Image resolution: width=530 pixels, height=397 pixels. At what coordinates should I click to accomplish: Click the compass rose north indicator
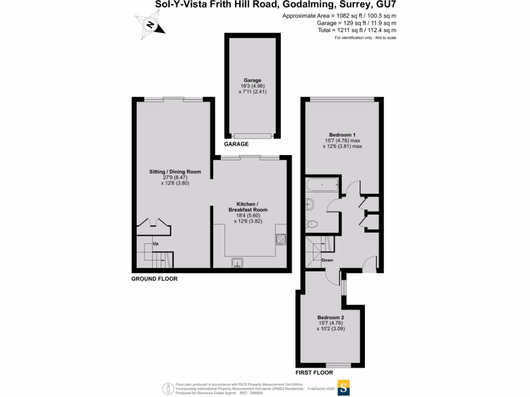tap(150, 25)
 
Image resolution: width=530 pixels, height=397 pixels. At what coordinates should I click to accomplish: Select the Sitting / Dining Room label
tap(172, 177)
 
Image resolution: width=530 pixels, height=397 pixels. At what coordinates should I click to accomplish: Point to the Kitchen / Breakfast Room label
tap(248, 212)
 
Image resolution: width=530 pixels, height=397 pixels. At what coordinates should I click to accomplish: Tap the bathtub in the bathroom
tap(322, 184)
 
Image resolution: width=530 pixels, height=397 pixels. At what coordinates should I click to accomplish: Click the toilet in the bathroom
tap(312, 224)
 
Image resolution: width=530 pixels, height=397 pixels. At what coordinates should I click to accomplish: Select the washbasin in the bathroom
tap(310, 204)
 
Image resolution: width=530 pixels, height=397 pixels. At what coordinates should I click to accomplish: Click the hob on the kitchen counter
tap(281, 239)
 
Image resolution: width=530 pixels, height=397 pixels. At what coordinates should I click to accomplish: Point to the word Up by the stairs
tap(155, 243)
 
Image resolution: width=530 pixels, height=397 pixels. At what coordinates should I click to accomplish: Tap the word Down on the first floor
tap(327, 260)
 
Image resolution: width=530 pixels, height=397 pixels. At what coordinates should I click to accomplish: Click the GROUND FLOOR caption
tap(154, 279)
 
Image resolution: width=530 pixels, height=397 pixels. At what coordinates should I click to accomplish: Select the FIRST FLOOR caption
tap(314, 372)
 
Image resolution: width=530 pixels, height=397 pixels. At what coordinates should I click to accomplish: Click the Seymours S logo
tap(344, 387)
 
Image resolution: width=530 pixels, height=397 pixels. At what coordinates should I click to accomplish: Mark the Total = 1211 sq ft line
tap(357, 30)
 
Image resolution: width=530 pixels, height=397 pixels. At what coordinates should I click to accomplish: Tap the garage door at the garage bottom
tap(252, 136)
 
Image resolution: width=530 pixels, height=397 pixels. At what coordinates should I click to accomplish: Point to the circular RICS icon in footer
tap(168, 388)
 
